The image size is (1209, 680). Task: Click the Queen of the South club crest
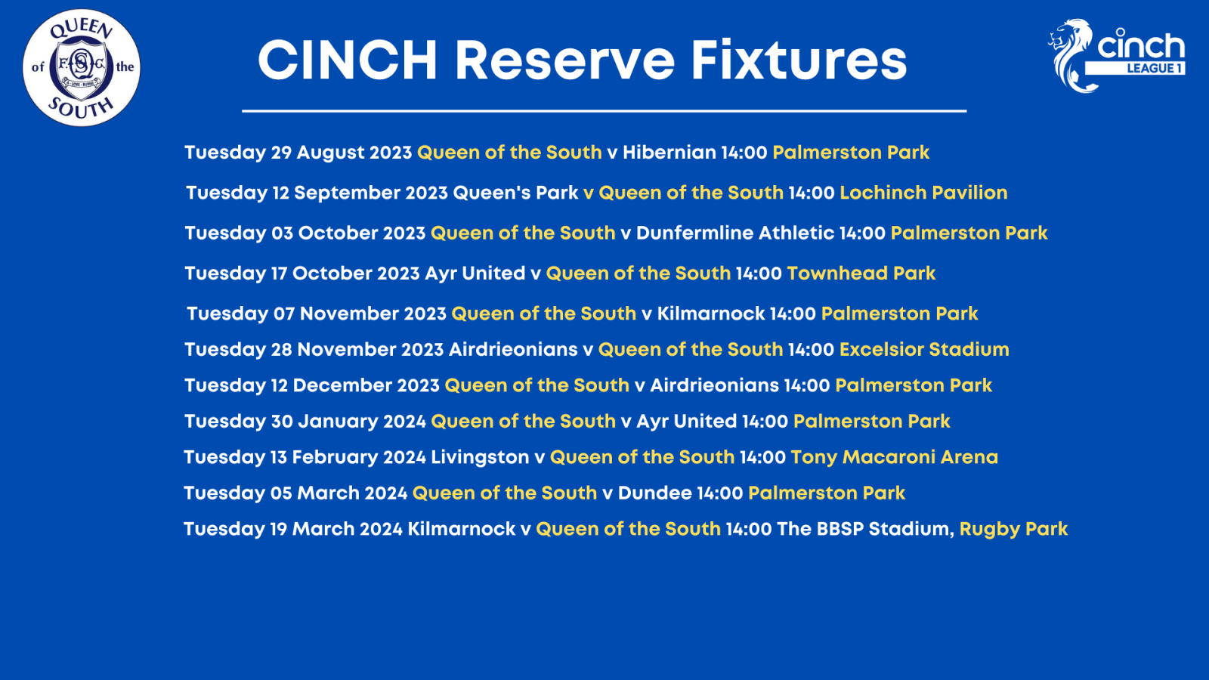pyautogui.click(x=82, y=67)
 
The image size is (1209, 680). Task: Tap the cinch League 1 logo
pyautogui.click(x=1116, y=56)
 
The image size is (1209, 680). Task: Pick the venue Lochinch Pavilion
pyautogui.click(x=923, y=193)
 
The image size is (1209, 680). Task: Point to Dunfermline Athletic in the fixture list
pyautogui.click(x=735, y=233)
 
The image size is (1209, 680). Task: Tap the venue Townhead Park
pyautogui.click(x=861, y=273)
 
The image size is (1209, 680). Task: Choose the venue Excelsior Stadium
pyautogui.click(x=924, y=350)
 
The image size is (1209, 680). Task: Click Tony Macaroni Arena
pyautogui.click(x=895, y=457)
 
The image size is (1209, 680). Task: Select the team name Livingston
pyautogui.click(x=480, y=457)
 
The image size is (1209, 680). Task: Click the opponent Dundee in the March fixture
pyautogui.click(x=654, y=493)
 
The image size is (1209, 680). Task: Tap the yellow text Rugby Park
pyautogui.click(x=1013, y=529)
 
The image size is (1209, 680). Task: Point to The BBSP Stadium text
pyautogui.click(x=865, y=529)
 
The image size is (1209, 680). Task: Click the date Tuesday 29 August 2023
pyautogui.click(x=298, y=152)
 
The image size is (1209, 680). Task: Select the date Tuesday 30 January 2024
pyautogui.click(x=305, y=422)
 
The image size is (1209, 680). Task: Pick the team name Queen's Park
pyautogui.click(x=515, y=193)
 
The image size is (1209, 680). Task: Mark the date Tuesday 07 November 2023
pyautogui.click(x=317, y=314)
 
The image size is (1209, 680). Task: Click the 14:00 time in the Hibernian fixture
pyautogui.click(x=744, y=152)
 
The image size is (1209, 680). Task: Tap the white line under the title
pyautogui.click(x=604, y=111)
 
